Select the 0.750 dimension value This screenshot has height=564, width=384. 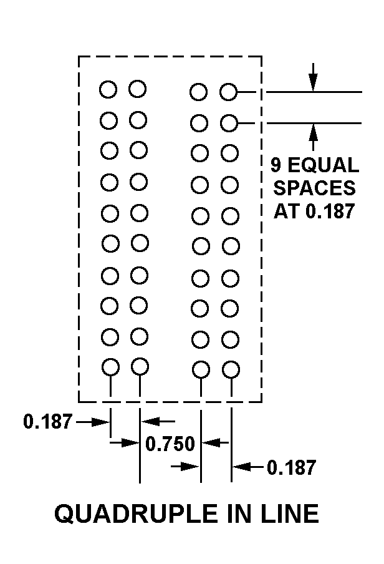coord(170,444)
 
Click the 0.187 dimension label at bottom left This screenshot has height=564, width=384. coord(48,422)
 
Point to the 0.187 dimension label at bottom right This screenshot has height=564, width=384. coord(291,467)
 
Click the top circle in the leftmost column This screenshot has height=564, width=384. coord(108,89)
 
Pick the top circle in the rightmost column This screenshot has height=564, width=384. coord(229,92)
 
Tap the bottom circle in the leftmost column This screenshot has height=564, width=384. coord(110,367)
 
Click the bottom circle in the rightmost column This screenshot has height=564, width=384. coord(231,369)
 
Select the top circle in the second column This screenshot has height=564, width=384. coord(137,89)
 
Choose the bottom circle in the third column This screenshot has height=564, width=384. coord(201,370)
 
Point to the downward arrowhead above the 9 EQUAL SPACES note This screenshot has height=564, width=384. coord(313,84)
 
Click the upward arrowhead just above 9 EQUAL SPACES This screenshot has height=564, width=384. coord(313,130)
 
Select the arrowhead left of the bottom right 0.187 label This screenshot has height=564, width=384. coord(240,466)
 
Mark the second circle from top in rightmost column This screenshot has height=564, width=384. coord(229,123)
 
